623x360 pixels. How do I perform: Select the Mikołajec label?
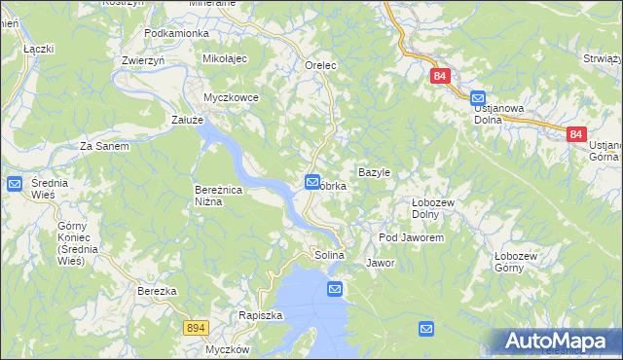click(x=225, y=59)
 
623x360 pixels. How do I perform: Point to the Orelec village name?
click(x=319, y=65)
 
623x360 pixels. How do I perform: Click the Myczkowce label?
click(x=230, y=97)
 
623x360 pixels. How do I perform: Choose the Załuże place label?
click(x=186, y=120)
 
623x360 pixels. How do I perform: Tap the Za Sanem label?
click(x=104, y=146)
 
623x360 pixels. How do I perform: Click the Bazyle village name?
click(x=374, y=172)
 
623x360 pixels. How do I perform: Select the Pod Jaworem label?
click(x=411, y=237)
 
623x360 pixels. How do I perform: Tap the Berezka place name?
click(x=156, y=291)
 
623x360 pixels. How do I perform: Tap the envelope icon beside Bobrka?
click(x=312, y=181)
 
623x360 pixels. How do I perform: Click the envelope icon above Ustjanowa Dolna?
click(x=478, y=98)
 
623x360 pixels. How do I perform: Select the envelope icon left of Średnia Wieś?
click(x=15, y=184)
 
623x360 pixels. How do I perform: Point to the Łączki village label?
click(x=38, y=48)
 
